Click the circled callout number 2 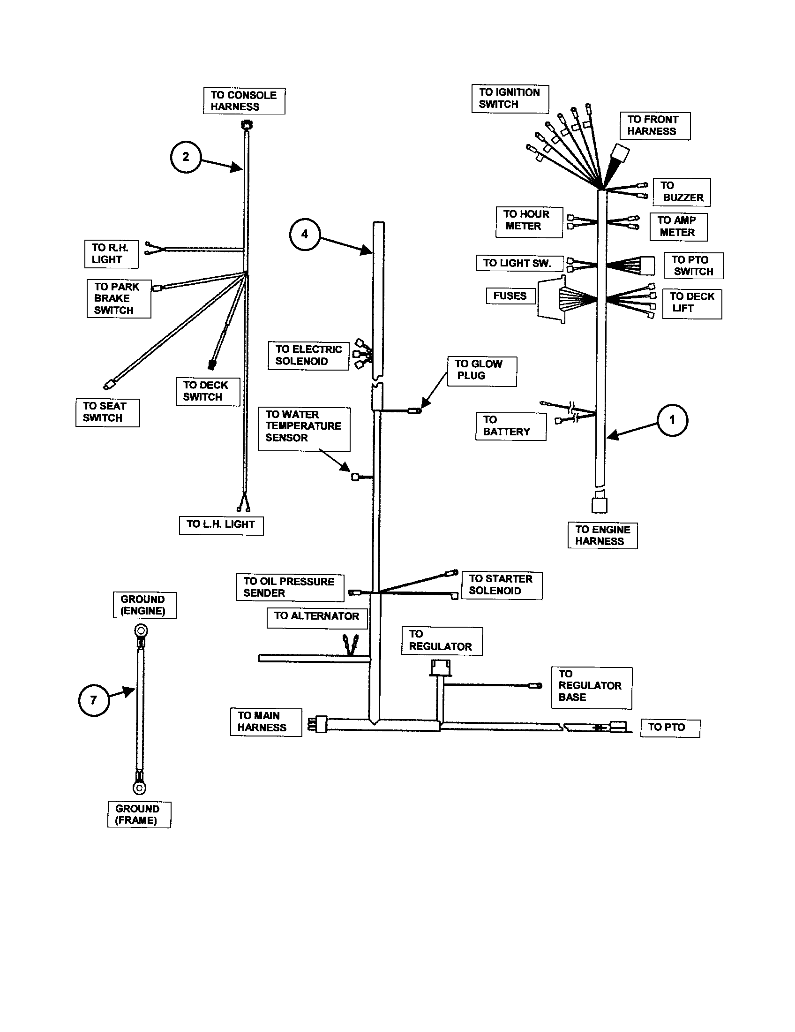click(186, 157)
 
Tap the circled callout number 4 click(305, 235)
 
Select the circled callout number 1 click(672, 420)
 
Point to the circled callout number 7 click(93, 700)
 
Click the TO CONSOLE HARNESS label click(244, 101)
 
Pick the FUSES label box click(510, 296)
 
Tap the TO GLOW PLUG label click(481, 372)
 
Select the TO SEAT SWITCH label click(108, 412)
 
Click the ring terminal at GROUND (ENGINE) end click(140, 631)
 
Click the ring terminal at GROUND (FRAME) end click(139, 787)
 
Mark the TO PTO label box click(670, 728)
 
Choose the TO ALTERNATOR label click(317, 618)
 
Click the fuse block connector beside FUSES click(551, 299)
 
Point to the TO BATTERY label click(510, 426)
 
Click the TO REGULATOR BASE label click(591, 688)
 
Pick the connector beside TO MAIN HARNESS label click(319, 724)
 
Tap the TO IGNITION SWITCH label click(510, 99)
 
